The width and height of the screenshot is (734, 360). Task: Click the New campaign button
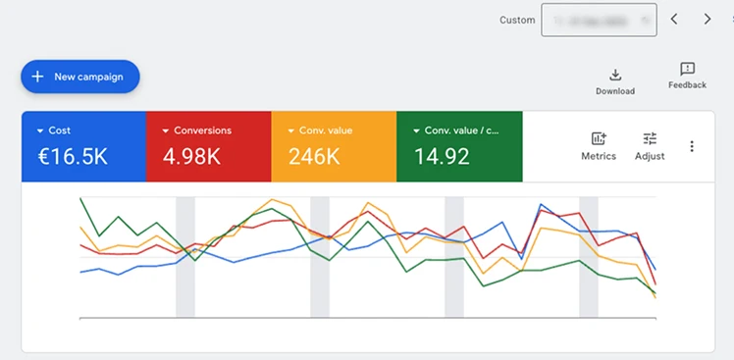(x=80, y=77)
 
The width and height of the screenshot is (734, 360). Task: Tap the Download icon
(x=615, y=75)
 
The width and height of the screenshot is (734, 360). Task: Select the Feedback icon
(x=687, y=69)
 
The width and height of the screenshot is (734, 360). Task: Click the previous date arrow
(x=674, y=19)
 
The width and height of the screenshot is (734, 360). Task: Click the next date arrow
(x=708, y=19)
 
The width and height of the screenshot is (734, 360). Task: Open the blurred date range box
(x=599, y=20)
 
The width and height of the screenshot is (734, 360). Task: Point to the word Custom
(x=517, y=20)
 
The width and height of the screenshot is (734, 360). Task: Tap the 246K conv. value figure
(x=314, y=156)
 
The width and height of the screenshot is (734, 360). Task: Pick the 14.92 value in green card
(x=441, y=156)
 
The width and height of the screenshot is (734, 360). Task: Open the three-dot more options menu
(x=692, y=146)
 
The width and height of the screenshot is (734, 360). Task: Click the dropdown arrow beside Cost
(x=40, y=130)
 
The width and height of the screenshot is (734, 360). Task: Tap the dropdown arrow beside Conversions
(x=166, y=130)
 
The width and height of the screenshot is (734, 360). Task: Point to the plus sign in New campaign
(x=37, y=77)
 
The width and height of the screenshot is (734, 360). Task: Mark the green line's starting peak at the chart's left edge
(x=80, y=199)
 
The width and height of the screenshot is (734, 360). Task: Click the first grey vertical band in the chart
(x=185, y=257)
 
